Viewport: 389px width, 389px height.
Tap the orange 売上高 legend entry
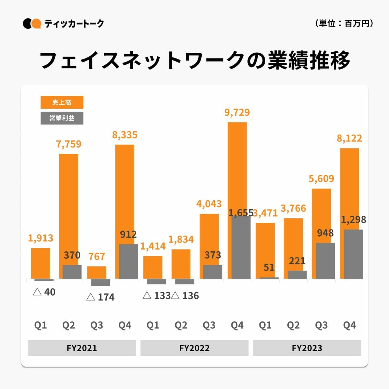coord(62,102)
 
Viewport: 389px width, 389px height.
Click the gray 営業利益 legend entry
coord(62,118)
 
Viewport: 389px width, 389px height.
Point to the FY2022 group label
coord(194,348)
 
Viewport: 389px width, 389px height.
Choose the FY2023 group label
coord(307,348)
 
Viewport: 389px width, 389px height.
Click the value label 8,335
coord(125,135)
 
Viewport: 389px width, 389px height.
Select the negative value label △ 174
coord(100,297)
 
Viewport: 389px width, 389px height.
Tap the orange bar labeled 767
coord(96,272)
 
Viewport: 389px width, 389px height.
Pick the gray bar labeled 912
coord(128,261)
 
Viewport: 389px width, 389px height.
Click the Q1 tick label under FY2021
coord(41,325)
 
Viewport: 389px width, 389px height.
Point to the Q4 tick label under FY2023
coord(349,325)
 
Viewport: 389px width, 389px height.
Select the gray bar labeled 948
coord(325,261)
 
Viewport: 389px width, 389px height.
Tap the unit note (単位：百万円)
coord(344,23)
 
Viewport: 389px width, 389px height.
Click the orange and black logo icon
coord(32,24)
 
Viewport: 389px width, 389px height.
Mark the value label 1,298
coord(353,219)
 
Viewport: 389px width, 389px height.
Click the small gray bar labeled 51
coord(269,278)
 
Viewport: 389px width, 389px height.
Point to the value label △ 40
coord(44,292)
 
